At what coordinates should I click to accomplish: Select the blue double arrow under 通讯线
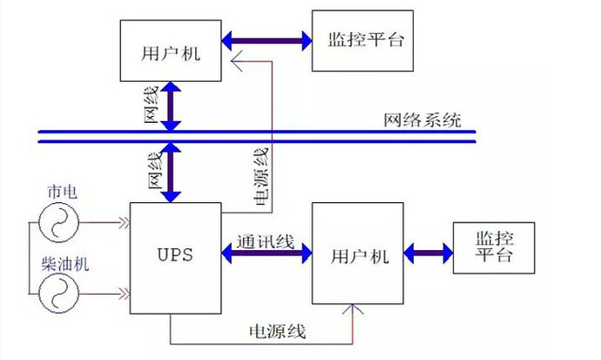(267, 255)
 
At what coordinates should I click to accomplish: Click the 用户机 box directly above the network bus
(171, 52)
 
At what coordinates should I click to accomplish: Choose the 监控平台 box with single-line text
(366, 40)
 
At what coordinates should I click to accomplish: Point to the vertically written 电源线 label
(260, 174)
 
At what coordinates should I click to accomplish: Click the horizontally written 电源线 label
(278, 332)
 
